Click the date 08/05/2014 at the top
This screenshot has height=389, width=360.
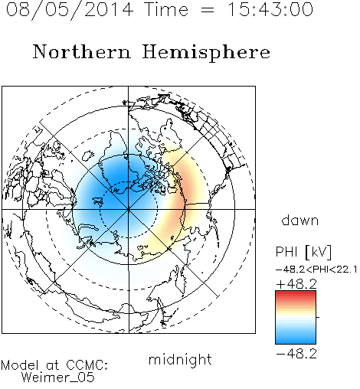[x=70, y=10]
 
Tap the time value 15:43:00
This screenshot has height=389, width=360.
[x=270, y=9]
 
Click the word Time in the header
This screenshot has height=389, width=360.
[x=166, y=9]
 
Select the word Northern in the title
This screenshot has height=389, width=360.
[x=82, y=51]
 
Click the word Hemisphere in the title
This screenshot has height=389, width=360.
[x=206, y=53]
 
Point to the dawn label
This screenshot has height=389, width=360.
[x=299, y=220]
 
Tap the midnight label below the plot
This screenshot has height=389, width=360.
[x=180, y=359]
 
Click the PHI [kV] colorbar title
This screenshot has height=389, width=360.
[x=303, y=252]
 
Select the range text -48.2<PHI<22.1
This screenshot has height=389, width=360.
[x=316, y=270]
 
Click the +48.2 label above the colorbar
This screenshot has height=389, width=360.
[x=296, y=284]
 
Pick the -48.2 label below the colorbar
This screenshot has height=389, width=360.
[x=296, y=354]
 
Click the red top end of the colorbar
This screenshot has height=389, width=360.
[x=296, y=293]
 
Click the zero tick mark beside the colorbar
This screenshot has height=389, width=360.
[x=318, y=317]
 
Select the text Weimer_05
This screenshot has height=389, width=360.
[x=58, y=378]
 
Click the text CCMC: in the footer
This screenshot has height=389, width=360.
[x=87, y=365]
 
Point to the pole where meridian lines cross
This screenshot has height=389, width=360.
[x=129, y=209]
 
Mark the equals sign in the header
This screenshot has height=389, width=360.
[x=208, y=10]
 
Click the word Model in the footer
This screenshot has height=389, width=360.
[x=20, y=365]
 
